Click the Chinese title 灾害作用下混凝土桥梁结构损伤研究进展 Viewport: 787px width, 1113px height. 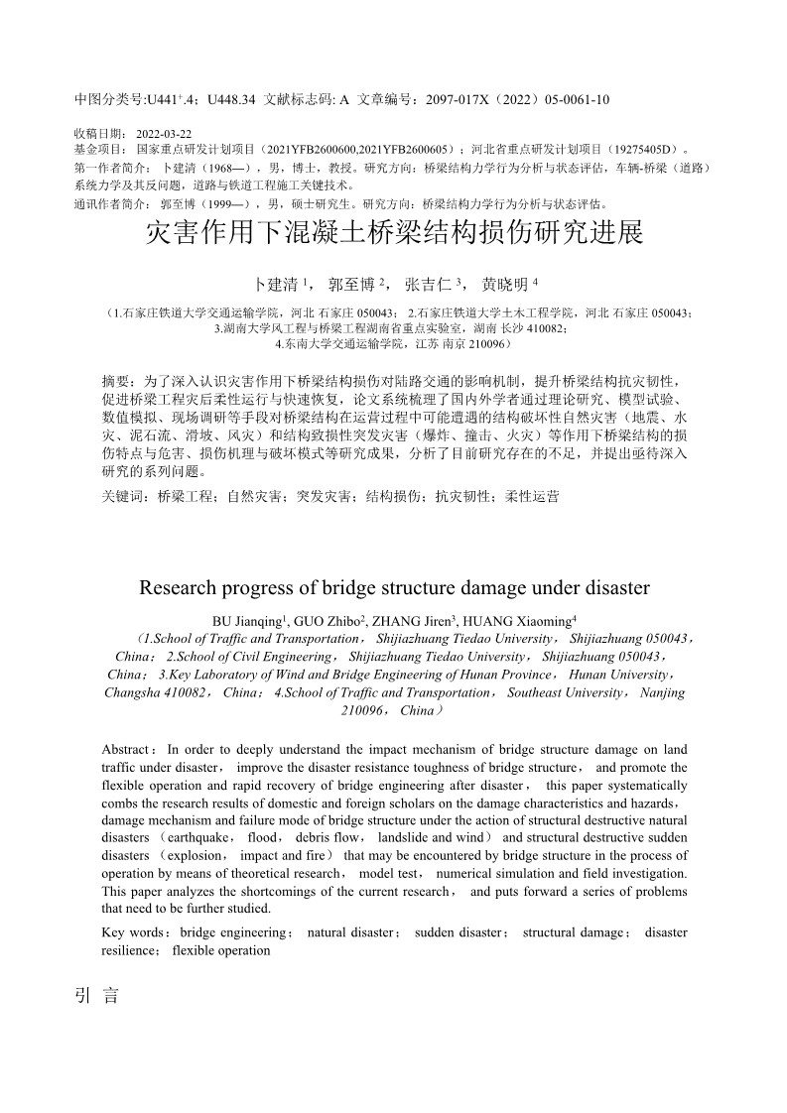(394, 234)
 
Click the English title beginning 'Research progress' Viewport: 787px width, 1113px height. (394, 587)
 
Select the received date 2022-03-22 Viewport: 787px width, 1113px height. (164, 133)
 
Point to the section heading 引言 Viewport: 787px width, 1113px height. (96, 996)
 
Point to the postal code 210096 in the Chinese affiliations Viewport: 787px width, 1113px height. (486, 343)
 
